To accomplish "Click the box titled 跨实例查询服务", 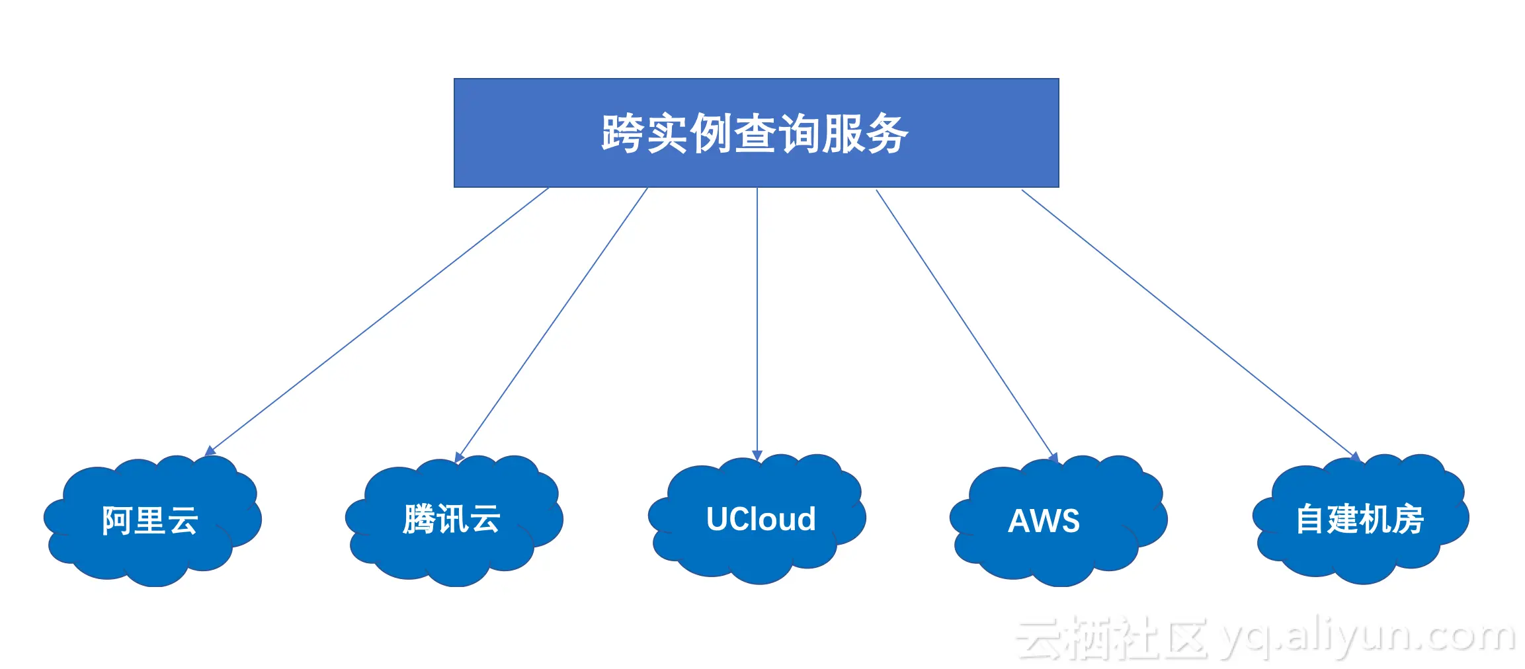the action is (756, 133).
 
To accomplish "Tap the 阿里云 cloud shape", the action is (152, 520).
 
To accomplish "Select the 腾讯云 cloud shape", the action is (454, 520).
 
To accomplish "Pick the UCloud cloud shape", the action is (757, 519).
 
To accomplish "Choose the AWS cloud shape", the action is (1058, 520).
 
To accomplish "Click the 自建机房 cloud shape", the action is (1360, 519).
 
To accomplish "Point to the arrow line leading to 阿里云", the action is (376, 322).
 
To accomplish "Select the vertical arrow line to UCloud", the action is (757, 325).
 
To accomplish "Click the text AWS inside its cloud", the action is (1044, 521).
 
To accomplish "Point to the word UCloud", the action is (761, 519).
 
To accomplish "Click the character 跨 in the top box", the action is (622, 134).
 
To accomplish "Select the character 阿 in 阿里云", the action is (117, 520).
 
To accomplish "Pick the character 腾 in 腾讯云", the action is (419, 519).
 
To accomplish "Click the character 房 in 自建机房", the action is (1409, 519).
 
